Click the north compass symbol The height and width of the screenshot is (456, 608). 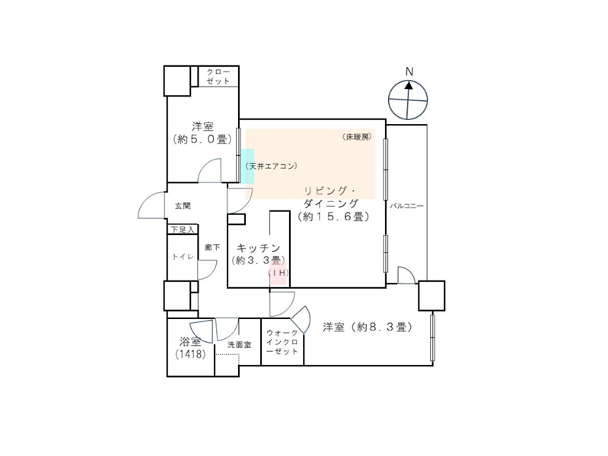(x=408, y=100)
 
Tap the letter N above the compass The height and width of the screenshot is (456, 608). (x=409, y=71)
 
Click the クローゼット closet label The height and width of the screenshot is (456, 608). (x=218, y=76)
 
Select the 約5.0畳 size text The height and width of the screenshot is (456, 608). (x=202, y=139)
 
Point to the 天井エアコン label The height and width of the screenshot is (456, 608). (x=272, y=166)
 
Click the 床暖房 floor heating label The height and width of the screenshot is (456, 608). (x=357, y=136)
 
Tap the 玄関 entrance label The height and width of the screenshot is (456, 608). (x=183, y=206)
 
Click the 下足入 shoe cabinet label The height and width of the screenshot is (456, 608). (x=182, y=230)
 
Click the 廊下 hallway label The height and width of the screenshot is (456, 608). (x=212, y=247)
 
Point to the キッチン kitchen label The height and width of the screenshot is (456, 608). (x=258, y=248)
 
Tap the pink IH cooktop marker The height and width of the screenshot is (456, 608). (x=278, y=273)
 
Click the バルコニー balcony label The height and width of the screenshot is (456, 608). (x=407, y=206)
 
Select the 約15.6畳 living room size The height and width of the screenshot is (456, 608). (x=333, y=217)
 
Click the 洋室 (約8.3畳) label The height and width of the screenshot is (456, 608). (x=368, y=328)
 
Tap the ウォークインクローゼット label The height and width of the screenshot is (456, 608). (x=282, y=342)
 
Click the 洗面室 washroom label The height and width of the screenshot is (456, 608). (x=239, y=345)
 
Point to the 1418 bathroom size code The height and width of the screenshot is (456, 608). (x=190, y=353)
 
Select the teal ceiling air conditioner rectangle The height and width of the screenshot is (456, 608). (x=248, y=166)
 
